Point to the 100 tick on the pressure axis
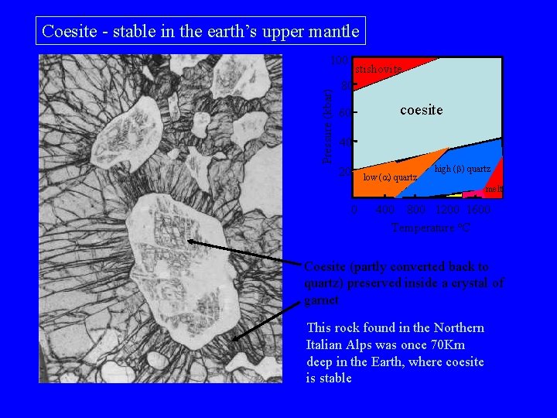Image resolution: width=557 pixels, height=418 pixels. pos(337,60)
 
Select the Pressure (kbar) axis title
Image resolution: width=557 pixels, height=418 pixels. pos(328,124)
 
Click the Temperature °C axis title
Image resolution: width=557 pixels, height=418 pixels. pos(431,228)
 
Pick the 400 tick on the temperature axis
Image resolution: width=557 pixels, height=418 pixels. pos(385,211)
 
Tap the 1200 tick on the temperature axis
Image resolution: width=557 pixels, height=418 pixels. pos(448,211)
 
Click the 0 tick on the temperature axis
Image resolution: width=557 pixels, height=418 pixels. pos(354,211)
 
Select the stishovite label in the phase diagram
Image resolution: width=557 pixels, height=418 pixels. pos(378,70)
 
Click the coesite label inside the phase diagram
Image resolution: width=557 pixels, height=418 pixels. pos(421,111)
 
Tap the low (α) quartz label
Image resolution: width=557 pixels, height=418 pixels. pos(390,178)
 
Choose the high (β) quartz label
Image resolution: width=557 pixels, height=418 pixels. pos(462,169)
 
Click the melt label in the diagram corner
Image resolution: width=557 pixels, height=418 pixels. pos(494,189)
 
